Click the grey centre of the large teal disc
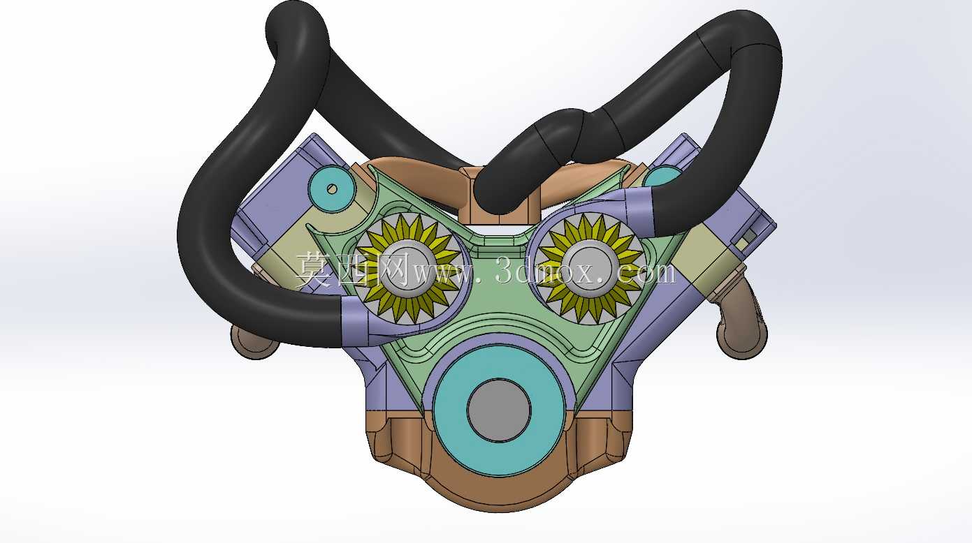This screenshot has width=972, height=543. pyautogui.click(x=499, y=410)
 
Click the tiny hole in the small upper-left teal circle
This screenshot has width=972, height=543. pyautogui.click(x=332, y=189)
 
